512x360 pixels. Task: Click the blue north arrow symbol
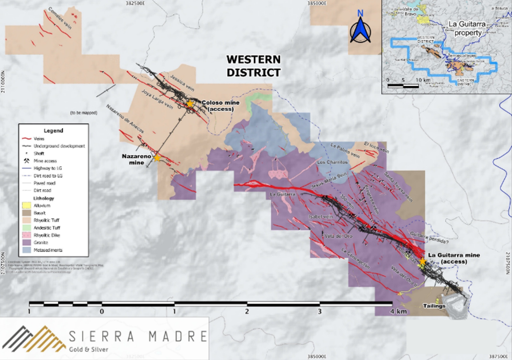coord(360,29)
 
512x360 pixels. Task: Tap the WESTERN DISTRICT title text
coord(253,66)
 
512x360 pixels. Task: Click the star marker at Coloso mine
coord(190,104)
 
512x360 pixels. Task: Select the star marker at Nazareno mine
coord(157,158)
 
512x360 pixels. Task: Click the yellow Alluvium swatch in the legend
coord(26,206)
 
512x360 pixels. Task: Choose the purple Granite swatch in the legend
coord(26,242)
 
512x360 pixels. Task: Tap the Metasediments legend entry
coord(48,250)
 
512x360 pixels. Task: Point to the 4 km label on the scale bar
coord(398,311)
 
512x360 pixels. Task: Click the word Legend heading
coord(53,131)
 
